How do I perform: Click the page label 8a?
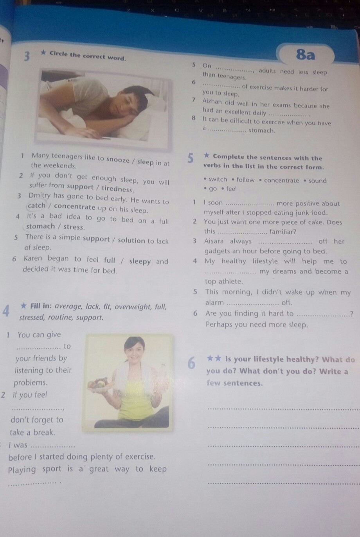click(305, 55)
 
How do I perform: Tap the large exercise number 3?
click(27, 56)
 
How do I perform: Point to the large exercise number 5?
click(190, 158)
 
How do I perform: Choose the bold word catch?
click(36, 205)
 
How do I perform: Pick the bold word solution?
click(131, 240)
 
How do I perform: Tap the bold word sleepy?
click(140, 261)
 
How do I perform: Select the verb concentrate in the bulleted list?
click(281, 180)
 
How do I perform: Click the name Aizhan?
click(212, 102)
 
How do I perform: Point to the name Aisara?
click(214, 241)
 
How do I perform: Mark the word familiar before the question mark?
click(281, 232)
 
